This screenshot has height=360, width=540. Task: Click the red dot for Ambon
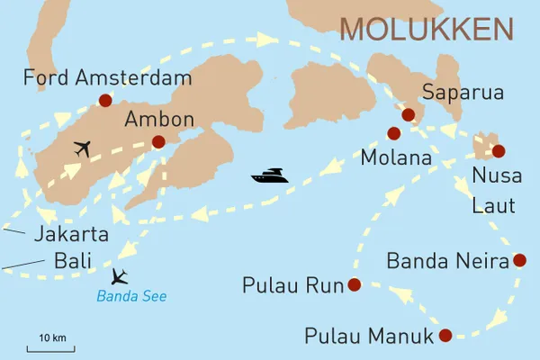pyautogui.click(x=158, y=141)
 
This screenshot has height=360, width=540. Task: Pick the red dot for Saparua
pyautogui.click(x=408, y=114)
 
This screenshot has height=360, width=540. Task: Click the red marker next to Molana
pyautogui.click(x=393, y=133)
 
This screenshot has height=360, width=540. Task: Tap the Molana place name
pyautogui.click(x=396, y=158)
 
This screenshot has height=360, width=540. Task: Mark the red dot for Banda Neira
pyautogui.click(x=518, y=261)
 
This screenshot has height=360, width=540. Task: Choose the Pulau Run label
pyautogui.click(x=293, y=286)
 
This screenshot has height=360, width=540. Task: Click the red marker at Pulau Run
pyautogui.click(x=353, y=285)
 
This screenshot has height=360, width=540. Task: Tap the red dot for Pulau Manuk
pyautogui.click(x=445, y=337)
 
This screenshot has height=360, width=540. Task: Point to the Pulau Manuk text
pyautogui.click(x=369, y=337)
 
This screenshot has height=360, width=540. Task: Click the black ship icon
pyautogui.click(x=270, y=176)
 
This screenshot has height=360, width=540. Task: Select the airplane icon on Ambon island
pyautogui.click(x=82, y=148)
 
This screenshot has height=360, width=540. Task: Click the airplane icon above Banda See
pyautogui.click(x=120, y=275)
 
